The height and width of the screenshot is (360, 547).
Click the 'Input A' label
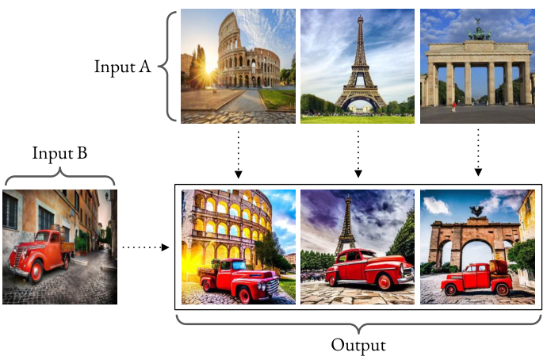(122, 67)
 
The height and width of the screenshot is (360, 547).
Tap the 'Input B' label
(59, 153)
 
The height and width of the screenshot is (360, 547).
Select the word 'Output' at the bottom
(358, 346)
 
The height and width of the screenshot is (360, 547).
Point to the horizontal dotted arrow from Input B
(146, 247)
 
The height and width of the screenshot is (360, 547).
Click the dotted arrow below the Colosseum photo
(239, 155)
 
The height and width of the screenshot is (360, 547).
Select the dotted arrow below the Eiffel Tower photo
(358, 154)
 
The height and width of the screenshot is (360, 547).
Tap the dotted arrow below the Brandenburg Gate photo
(478, 152)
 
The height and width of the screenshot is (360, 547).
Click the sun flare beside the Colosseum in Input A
(208, 69)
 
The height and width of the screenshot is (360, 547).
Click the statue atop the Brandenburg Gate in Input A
(479, 31)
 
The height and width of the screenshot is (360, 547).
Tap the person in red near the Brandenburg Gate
(454, 106)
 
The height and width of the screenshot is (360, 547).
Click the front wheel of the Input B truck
(36, 271)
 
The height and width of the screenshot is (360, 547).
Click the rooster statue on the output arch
(476, 211)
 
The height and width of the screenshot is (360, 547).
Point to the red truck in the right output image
(477, 278)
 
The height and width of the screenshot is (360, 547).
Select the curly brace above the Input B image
(59, 175)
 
